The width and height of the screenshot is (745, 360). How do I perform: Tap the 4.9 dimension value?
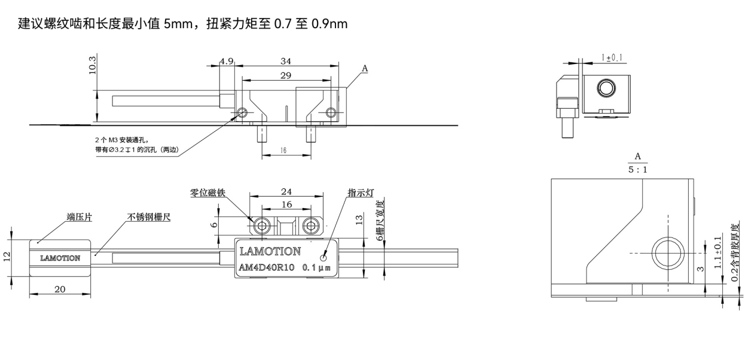point(227,61)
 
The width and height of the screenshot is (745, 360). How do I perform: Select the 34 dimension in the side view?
point(285,61)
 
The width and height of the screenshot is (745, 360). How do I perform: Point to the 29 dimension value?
point(285,75)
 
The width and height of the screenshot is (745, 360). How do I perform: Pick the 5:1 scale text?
point(638,169)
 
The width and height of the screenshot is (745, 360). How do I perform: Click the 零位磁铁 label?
point(207,193)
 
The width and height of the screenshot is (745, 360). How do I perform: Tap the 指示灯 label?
point(361,193)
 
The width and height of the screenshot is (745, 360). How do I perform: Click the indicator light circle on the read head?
point(324,258)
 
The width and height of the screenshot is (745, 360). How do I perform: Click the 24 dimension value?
point(286,192)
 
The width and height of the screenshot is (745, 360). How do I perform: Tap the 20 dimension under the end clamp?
point(60,289)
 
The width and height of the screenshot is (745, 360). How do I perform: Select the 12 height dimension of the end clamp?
point(7,256)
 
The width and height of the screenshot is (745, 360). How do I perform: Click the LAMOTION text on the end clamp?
point(60,258)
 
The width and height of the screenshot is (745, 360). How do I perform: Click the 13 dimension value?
point(359,219)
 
